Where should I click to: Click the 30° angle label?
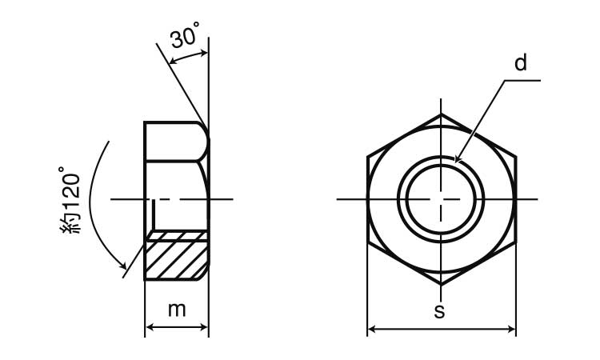click(185, 35)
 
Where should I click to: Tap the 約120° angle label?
click(70, 199)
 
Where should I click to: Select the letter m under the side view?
click(177, 310)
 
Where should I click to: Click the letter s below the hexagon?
click(440, 312)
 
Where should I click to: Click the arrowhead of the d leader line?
click(458, 158)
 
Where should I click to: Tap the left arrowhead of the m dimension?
click(150, 327)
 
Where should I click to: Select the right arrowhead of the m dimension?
click(203, 327)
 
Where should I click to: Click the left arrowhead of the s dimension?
click(372, 329)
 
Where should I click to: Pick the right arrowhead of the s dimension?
click(511, 329)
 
